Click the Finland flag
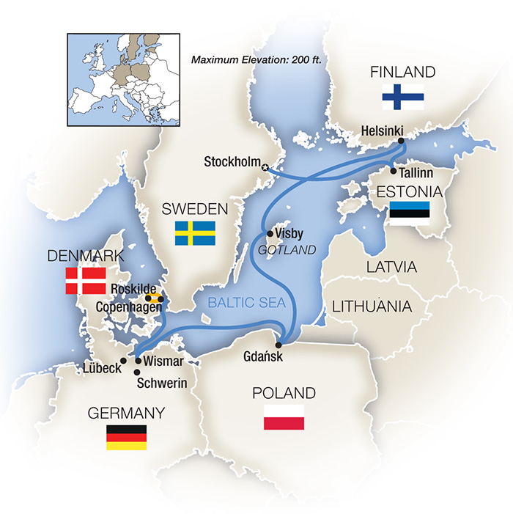403,96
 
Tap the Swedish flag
195,233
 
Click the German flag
126,437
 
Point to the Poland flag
284,416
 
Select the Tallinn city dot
394,172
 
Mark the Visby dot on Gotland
269,233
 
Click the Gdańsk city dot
279,345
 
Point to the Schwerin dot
137,372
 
